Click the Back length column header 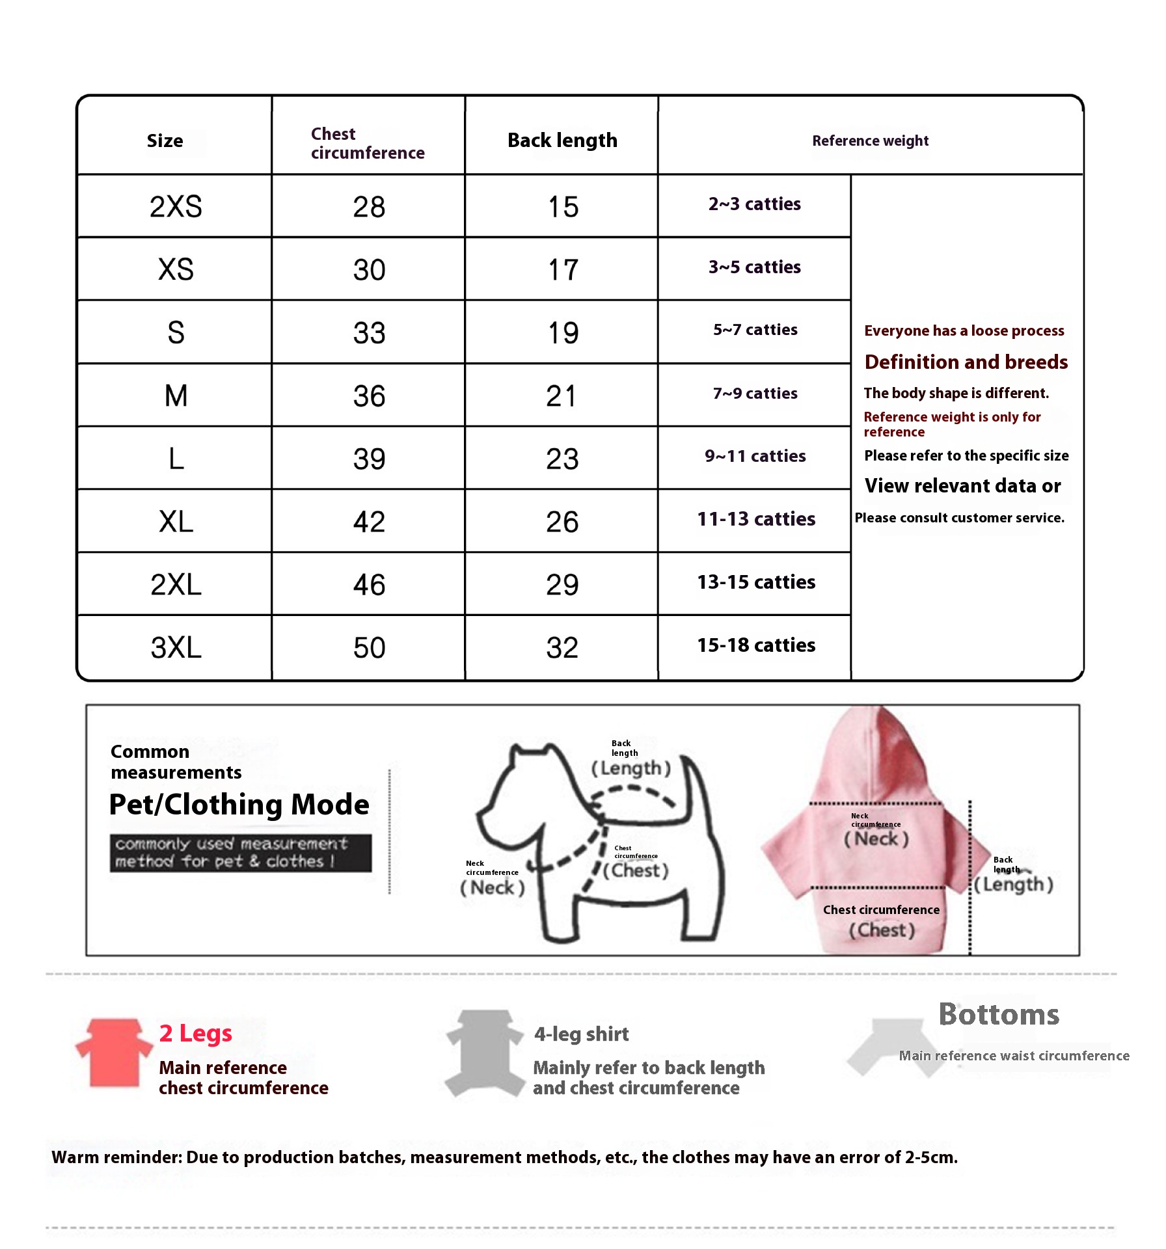pyautogui.click(x=562, y=140)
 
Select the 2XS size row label pyautogui.click(x=176, y=207)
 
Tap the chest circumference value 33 pyautogui.click(x=369, y=333)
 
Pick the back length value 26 pyautogui.click(x=562, y=522)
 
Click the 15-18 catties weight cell pyautogui.click(x=756, y=645)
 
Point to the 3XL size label pyautogui.click(x=176, y=648)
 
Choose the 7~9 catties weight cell pyautogui.click(x=755, y=394)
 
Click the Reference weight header pyautogui.click(x=870, y=141)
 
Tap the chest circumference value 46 pyautogui.click(x=369, y=585)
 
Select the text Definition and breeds pyautogui.click(x=966, y=362)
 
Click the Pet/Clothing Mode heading pyautogui.click(x=239, y=805)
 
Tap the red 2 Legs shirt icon pyautogui.click(x=114, y=1053)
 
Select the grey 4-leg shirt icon pyautogui.click(x=485, y=1053)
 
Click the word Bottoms pyautogui.click(x=999, y=1015)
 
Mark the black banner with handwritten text pyautogui.click(x=241, y=853)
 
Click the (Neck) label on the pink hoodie pyautogui.click(x=876, y=839)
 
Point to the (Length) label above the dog pyautogui.click(x=630, y=768)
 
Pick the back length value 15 pyautogui.click(x=563, y=207)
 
